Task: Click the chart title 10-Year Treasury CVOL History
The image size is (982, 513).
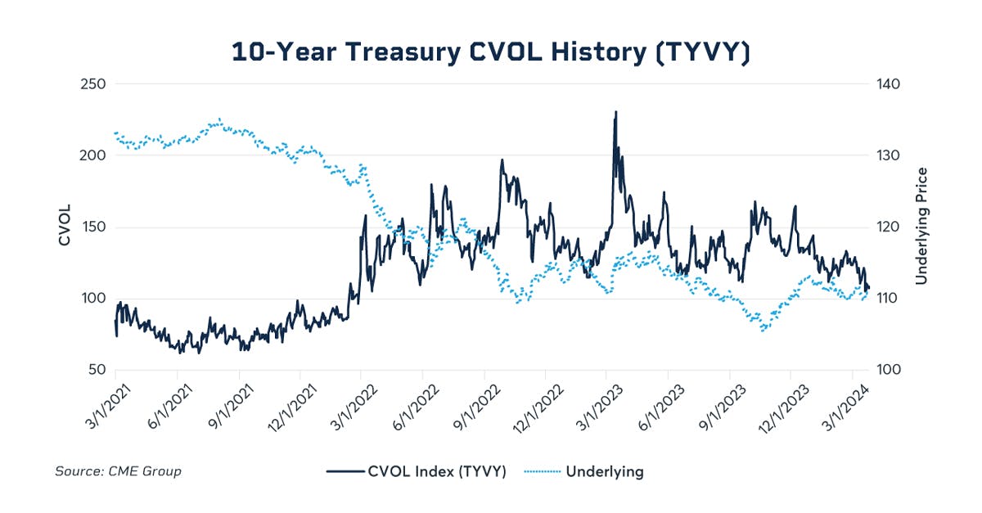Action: click(490, 51)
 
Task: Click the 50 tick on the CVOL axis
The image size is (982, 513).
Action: click(95, 370)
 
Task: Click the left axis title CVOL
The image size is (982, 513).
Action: click(65, 227)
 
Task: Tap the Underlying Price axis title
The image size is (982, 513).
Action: click(921, 227)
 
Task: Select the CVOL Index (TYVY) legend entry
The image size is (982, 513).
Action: click(417, 471)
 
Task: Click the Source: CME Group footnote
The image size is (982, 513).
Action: click(118, 471)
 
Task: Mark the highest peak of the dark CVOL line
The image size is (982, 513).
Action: click(615, 112)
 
